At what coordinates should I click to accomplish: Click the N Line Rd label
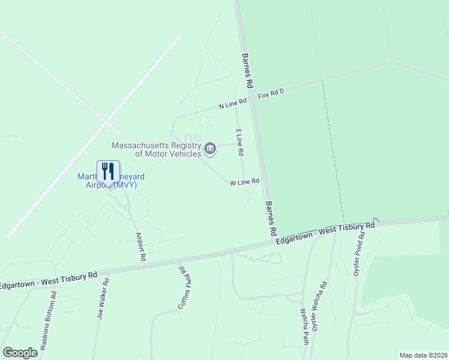pyautogui.click(x=233, y=103)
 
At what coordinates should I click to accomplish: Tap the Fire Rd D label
pyautogui.click(x=270, y=93)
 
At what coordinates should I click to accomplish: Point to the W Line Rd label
pyautogui.click(x=244, y=181)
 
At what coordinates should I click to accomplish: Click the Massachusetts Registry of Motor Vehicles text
pyautogui.click(x=156, y=149)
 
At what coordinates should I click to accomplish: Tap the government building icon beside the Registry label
pyautogui.click(x=210, y=148)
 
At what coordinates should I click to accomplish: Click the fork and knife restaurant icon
pyautogui.click(x=108, y=171)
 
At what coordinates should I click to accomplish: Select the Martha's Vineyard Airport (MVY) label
pyautogui.click(x=111, y=181)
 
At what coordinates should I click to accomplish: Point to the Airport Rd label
pyautogui.click(x=141, y=247)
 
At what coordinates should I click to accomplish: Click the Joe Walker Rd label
pyautogui.click(x=103, y=298)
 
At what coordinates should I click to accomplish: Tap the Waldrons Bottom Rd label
pyautogui.click(x=49, y=322)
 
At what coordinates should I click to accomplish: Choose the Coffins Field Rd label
pyautogui.click(x=184, y=288)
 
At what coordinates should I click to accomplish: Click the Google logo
pyautogui.click(x=20, y=353)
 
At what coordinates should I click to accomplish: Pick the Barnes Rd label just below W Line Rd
pyautogui.click(x=271, y=218)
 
